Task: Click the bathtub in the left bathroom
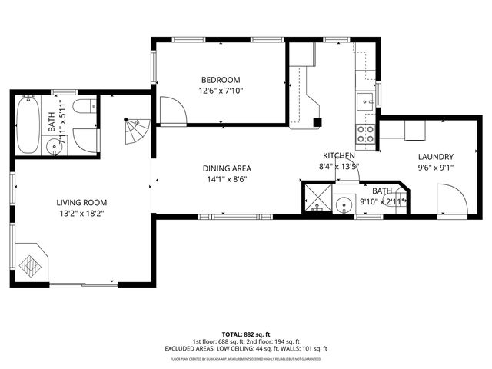pos(28,125)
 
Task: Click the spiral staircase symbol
pos(138,133)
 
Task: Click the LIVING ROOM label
pos(79,203)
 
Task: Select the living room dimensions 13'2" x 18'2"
pos(79,214)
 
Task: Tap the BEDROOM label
pos(221,80)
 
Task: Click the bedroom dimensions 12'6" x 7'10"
pos(221,91)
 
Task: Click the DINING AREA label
pos(227,168)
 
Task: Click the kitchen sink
pos(364,99)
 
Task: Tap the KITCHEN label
pos(338,155)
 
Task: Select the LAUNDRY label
pos(435,157)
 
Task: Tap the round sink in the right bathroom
pos(344,205)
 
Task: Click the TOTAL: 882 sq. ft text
pos(245,334)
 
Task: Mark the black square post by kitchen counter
pos(317,121)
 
